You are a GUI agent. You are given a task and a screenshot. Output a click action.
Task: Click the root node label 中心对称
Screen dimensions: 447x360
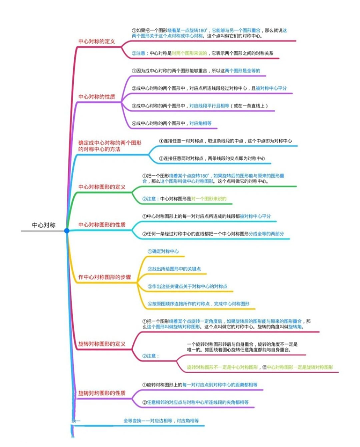coord(44,225)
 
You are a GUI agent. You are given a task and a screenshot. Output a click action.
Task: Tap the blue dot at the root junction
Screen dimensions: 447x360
coord(67,231)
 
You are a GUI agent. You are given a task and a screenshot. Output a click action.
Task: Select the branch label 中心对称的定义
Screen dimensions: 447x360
coord(97,42)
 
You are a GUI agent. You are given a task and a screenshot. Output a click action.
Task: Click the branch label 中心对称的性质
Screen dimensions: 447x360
coord(97,97)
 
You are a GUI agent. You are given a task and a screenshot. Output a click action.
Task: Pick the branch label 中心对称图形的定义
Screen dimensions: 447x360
coord(102,187)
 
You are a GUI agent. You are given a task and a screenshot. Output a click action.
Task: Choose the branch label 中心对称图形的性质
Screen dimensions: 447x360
coord(102,225)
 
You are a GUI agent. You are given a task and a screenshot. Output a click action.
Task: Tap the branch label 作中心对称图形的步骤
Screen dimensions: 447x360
coord(105,277)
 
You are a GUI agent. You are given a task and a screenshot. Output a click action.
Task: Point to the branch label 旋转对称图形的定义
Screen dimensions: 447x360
coord(102,344)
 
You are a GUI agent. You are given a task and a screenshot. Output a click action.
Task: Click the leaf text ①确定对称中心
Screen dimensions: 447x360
coord(163,251)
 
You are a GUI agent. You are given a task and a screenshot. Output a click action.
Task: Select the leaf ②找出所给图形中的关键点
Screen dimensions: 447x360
coord(174,269)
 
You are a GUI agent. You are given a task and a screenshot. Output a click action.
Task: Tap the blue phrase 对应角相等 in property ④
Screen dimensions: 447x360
coord(200,123)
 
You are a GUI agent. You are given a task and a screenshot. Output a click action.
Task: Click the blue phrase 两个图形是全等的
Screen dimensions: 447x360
coord(243,71)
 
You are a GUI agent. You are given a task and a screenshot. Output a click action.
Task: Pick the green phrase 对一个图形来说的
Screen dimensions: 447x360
coord(209,199)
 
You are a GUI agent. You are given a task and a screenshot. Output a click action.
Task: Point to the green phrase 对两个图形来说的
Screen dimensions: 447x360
coord(190,53)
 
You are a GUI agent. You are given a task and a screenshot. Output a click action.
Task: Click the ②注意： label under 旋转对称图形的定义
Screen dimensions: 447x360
coord(150,356)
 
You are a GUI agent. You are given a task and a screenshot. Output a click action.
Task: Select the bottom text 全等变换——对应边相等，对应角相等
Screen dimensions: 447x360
coord(161,421)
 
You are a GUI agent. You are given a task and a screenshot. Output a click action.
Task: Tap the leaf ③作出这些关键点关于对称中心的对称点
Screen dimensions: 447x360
coord(188,286)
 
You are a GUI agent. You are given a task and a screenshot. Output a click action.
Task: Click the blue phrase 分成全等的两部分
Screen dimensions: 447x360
coord(266,234)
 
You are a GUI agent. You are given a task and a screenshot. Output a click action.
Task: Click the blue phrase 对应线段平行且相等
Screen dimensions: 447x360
coord(209,106)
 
